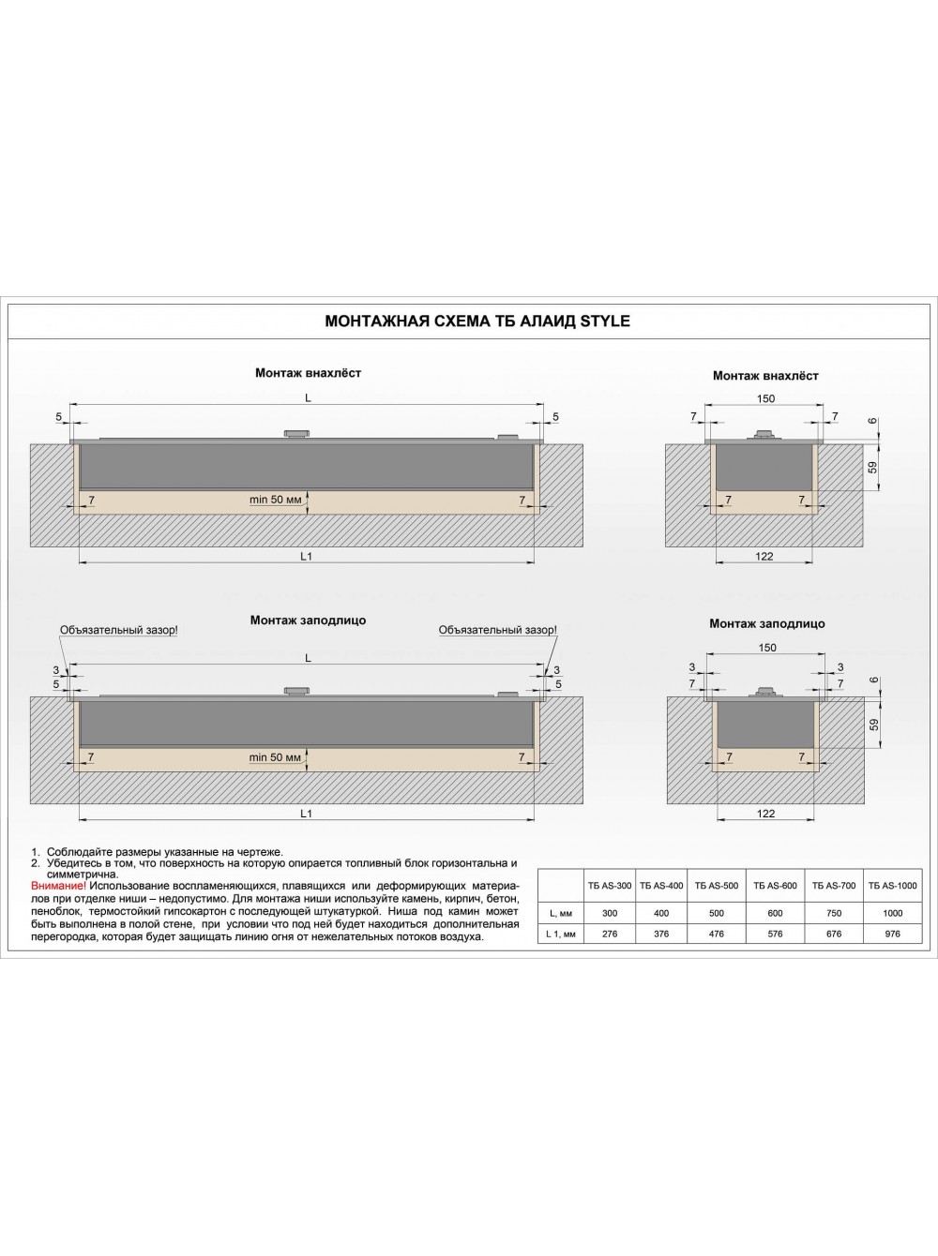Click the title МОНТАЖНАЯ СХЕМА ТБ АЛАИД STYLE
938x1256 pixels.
click(477, 321)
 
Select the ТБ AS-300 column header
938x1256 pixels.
click(609, 886)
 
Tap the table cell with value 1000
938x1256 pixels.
click(892, 913)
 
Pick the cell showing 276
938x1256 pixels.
click(609, 934)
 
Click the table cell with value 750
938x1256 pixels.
click(834, 913)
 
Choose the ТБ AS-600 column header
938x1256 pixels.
click(775, 886)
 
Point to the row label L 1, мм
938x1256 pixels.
click(560, 934)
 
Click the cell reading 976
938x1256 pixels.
click(892, 934)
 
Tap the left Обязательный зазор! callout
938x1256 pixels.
click(119, 630)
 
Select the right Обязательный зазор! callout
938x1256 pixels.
click(497, 630)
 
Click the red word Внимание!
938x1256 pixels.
click(58, 886)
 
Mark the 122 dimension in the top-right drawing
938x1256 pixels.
click(764, 557)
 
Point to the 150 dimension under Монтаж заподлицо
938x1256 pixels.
click(767, 648)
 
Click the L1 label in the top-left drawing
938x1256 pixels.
click(306, 557)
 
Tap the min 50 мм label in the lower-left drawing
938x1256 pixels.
click(275, 757)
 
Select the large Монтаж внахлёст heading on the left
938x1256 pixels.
click(308, 373)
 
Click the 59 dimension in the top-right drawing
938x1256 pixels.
click(873, 466)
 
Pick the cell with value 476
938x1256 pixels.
click(717, 934)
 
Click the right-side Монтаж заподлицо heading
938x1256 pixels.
click(766, 623)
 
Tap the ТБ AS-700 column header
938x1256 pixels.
click(834, 886)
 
